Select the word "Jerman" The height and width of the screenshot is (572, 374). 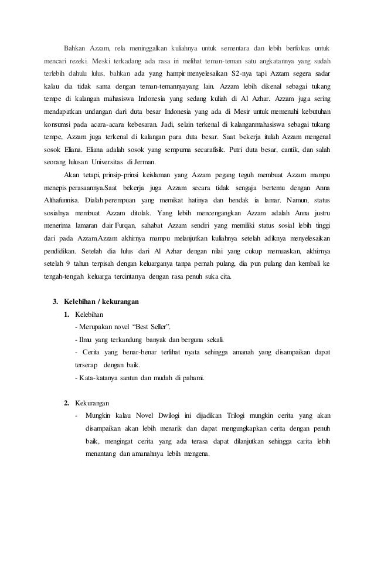(x=152, y=163)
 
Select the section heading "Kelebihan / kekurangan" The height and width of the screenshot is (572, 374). (x=101, y=302)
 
